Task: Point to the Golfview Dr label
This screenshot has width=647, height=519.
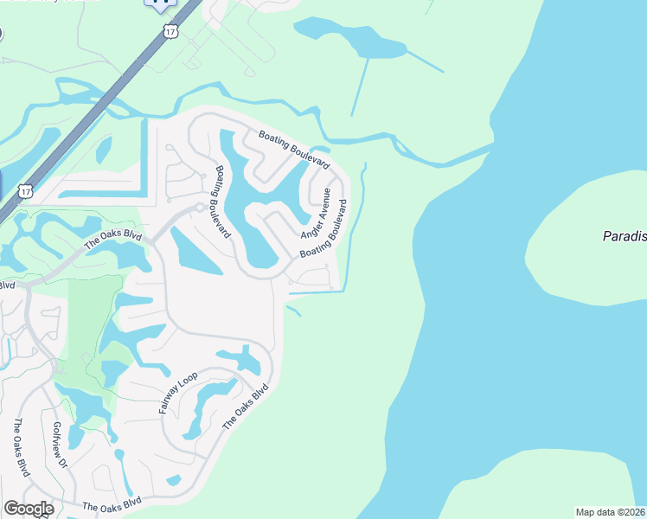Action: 60,445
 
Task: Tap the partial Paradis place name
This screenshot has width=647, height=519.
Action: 624,236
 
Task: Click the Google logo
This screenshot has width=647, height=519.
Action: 28,509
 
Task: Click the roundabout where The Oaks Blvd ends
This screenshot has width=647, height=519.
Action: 200,207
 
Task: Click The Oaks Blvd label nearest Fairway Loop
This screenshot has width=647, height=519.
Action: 246,407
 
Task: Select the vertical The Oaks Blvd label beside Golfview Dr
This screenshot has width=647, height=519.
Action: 20,448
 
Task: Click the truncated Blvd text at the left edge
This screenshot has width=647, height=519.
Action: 7,285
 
